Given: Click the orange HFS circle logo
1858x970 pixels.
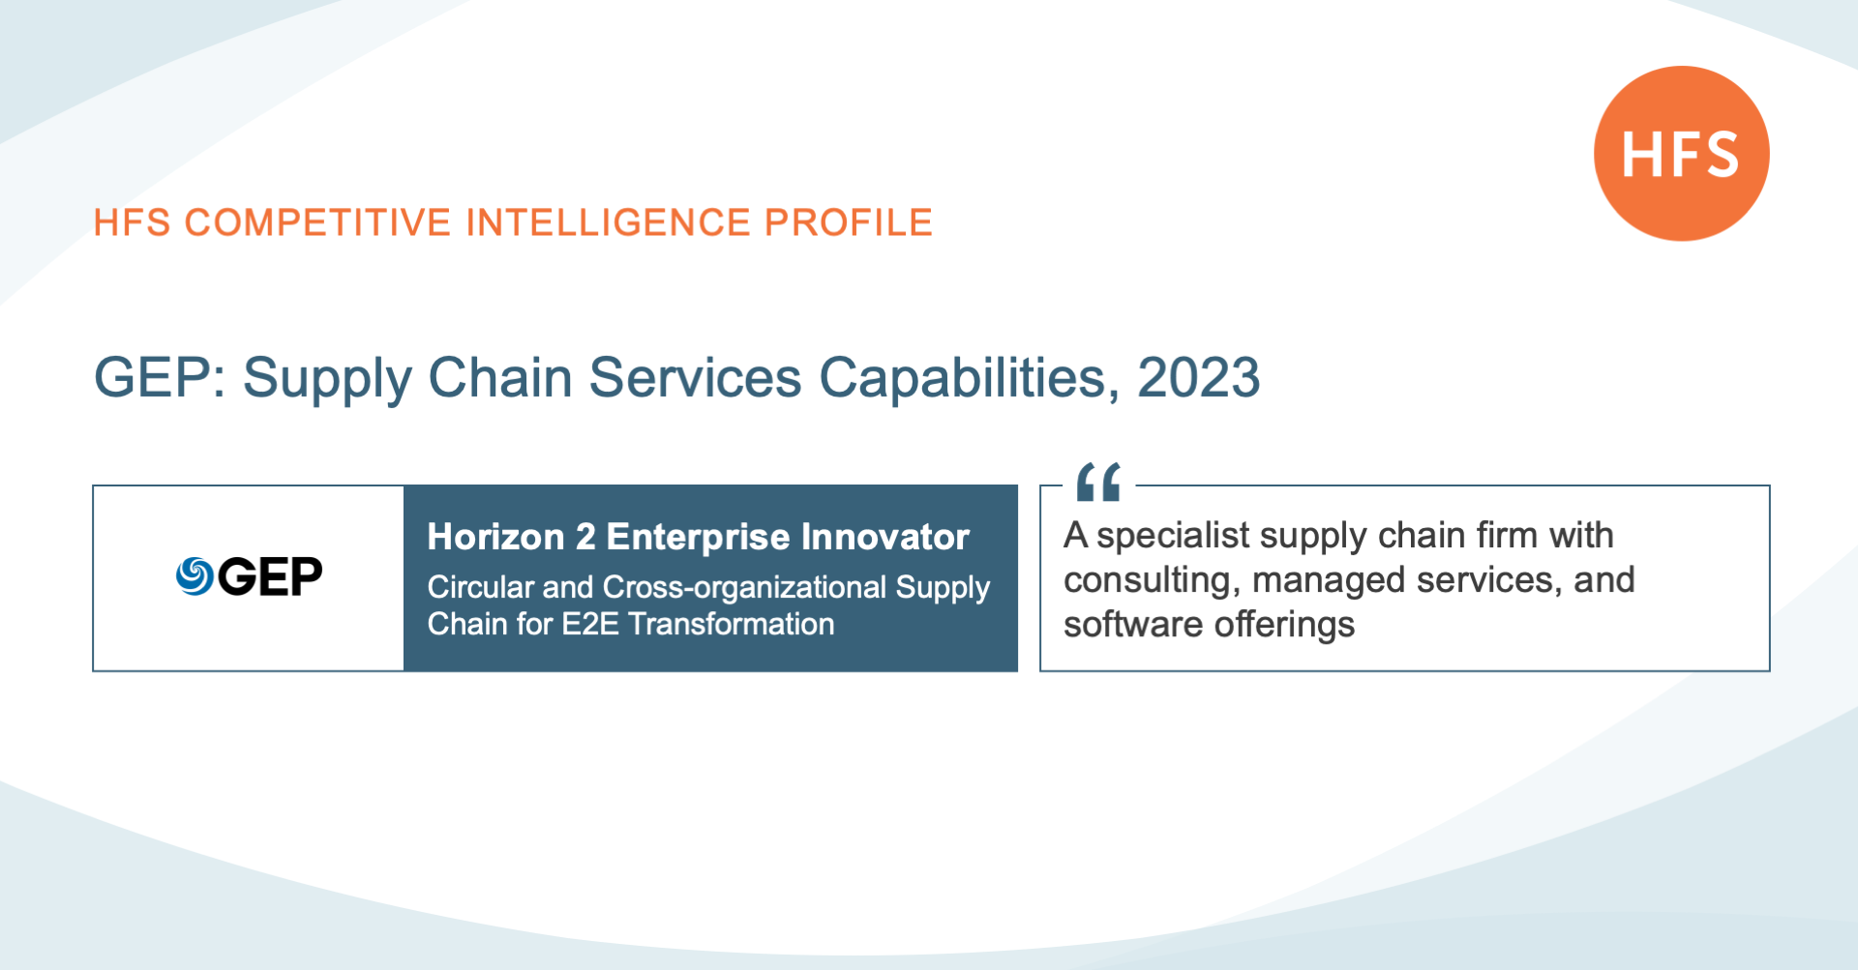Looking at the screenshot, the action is coord(1682,153).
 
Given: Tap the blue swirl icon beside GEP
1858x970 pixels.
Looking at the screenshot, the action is coord(195,576).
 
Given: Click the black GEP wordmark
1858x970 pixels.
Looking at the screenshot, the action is coord(270,577).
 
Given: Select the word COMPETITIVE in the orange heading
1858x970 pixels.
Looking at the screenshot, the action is coord(318,222).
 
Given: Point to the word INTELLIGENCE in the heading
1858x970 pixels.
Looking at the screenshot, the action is coord(609,222).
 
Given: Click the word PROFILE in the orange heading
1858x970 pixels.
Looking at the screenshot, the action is coord(849,222).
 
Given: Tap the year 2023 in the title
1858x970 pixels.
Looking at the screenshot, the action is coord(1199,377).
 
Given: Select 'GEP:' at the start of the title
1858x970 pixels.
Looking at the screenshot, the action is coord(160,377).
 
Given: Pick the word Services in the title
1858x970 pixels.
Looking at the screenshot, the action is coord(696,377).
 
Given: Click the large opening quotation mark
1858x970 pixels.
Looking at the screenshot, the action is coord(1098,482).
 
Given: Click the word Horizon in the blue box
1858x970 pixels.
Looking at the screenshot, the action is coord(496,537).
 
